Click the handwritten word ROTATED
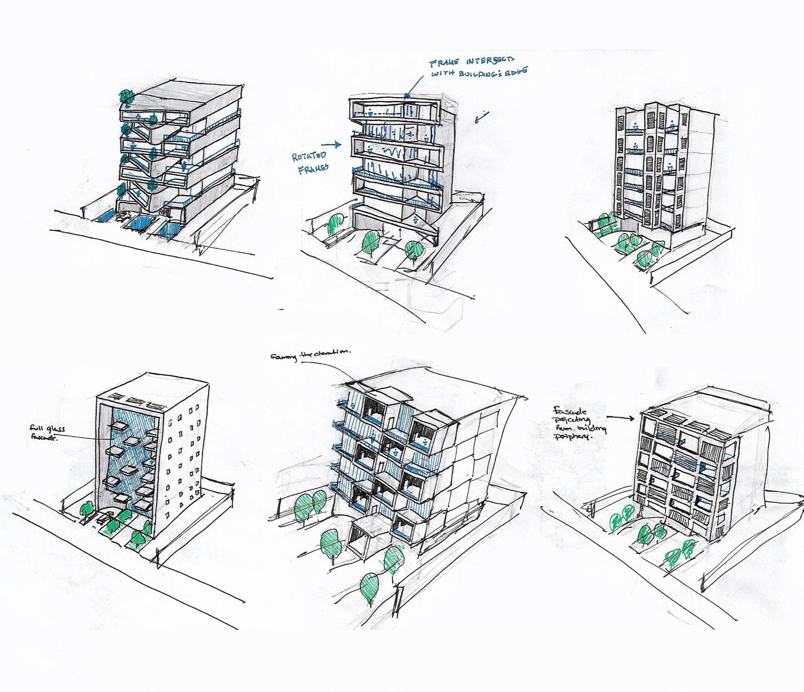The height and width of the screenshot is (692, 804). tap(309, 156)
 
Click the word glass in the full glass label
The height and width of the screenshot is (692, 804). tap(57, 429)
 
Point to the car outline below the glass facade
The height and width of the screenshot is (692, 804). tap(104, 521)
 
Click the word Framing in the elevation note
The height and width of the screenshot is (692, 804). tap(283, 357)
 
